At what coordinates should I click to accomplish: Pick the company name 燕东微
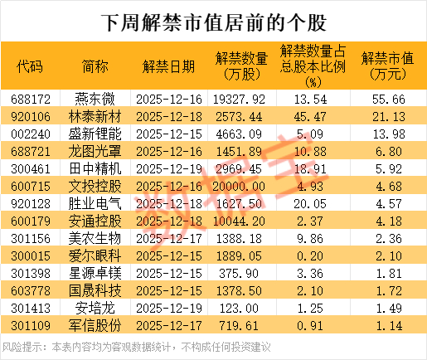coord(98,97)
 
